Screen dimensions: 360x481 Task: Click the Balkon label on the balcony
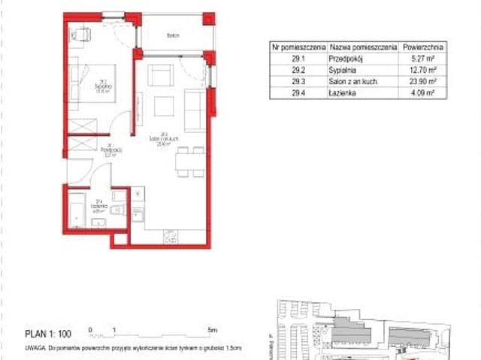coord(173,35)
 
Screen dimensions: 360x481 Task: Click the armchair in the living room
coord(160,76)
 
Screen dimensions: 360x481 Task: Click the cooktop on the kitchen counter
coord(169,237)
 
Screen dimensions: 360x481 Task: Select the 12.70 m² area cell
coord(422,70)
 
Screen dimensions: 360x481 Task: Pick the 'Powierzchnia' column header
coord(422,46)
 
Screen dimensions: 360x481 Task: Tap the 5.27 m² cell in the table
coord(422,58)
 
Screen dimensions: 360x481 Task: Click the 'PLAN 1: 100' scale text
coord(47,331)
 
